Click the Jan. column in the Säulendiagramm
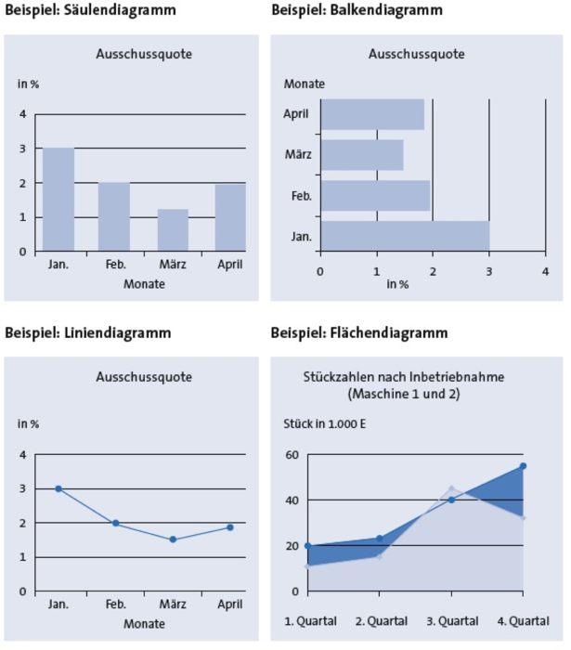tap(58, 200)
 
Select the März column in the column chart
tap(173, 230)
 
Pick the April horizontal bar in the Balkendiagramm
tap(372, 114)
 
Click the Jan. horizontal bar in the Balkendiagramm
tap(405, 236)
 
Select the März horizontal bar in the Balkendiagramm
tap(362, 155)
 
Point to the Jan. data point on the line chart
tap(58, 488)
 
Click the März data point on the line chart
tap(173, 539)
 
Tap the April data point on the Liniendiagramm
tap(230, 527)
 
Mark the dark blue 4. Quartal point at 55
tap(523, 466)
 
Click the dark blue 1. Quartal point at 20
tap(308, 546)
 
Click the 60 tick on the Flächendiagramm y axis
tap(292, 454)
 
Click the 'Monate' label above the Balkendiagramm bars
tap(305, 84)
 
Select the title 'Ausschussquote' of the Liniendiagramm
tap(144, 377)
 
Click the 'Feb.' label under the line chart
tap(115, 604)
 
